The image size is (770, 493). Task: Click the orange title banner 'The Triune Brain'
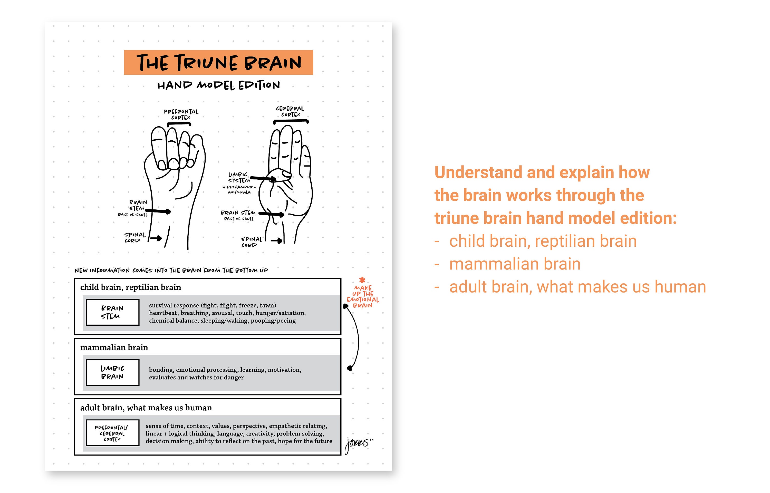(x=218, y=62)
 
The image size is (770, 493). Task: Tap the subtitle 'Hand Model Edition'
(x=218, y=85)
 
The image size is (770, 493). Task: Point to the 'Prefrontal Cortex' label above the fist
(x=181, y=114)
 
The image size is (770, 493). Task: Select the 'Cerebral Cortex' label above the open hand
(x=290, y=111)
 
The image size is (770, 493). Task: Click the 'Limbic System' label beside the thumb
(x=238, y=177)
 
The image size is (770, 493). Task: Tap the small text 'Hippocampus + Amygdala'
(x=239, y=189)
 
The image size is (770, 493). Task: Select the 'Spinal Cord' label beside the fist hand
(x=134, y=238)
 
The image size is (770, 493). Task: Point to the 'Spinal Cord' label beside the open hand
(x=251, y=242)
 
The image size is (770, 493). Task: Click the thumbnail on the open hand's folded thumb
(x=286, y=174)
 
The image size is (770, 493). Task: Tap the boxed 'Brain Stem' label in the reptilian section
(x=112, y=312)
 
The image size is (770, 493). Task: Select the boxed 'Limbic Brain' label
(x=112, y=372)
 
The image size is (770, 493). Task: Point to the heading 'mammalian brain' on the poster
(x=114, y=347)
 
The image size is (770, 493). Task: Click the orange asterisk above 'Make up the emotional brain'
(x=362, y=280)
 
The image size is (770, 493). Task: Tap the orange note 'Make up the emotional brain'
(x=363, y=297)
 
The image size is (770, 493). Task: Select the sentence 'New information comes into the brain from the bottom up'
(x=171, y=270)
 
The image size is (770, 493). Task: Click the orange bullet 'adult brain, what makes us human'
(x=577, y=287)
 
